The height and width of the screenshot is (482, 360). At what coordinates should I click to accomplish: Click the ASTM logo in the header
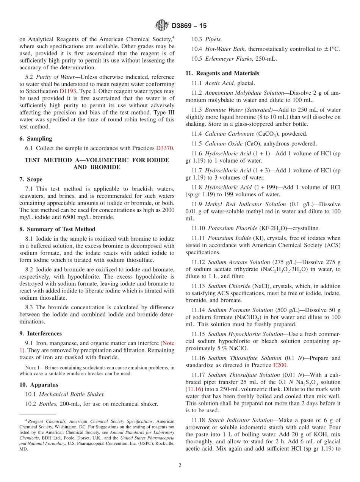click(x=162, y=26)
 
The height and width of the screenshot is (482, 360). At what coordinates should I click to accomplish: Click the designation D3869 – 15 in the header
click(x=189, y=26)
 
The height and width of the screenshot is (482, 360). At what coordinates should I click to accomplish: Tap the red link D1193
click(x=68, y=91)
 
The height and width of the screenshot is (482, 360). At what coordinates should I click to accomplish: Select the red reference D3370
click(x=165, y=148)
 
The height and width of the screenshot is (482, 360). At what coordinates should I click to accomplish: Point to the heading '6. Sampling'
click(x=36, y=139)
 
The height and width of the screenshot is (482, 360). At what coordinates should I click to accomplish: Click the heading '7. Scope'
click(x=31, y=179)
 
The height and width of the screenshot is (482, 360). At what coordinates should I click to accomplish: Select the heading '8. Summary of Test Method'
click(x=57, y=229)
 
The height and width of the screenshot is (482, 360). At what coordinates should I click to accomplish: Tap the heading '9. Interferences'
click(x=41, y=334)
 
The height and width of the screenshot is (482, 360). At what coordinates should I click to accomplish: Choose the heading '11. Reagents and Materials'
click(x=222, y=73)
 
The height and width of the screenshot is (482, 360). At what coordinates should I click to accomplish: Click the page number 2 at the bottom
click(x=180, y=465)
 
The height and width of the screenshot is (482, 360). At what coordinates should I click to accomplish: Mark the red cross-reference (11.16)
click(x=193, y=389)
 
